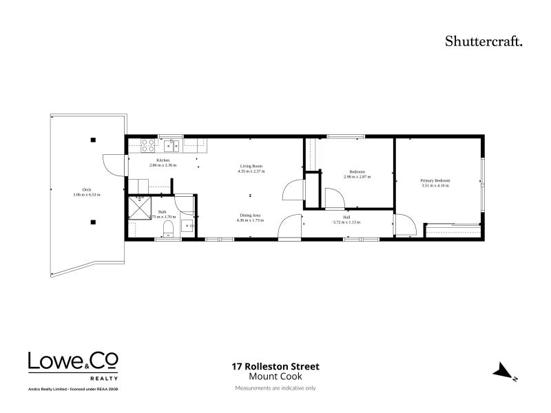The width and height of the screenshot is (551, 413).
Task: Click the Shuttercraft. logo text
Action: coord(484,41)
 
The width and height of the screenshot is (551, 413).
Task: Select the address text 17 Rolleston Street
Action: coord(275,367)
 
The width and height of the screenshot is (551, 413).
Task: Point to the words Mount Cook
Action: coord(275,377)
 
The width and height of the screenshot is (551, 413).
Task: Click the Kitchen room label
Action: coord(163,160)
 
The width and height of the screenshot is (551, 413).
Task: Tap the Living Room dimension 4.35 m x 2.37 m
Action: coord(251,171)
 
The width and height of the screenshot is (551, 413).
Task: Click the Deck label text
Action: coord(87,190)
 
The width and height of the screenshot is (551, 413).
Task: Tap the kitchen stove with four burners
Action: coord(148,145)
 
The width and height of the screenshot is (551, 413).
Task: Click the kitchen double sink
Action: coord(172,145)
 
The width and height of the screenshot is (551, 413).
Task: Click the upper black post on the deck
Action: coord(92,140)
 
